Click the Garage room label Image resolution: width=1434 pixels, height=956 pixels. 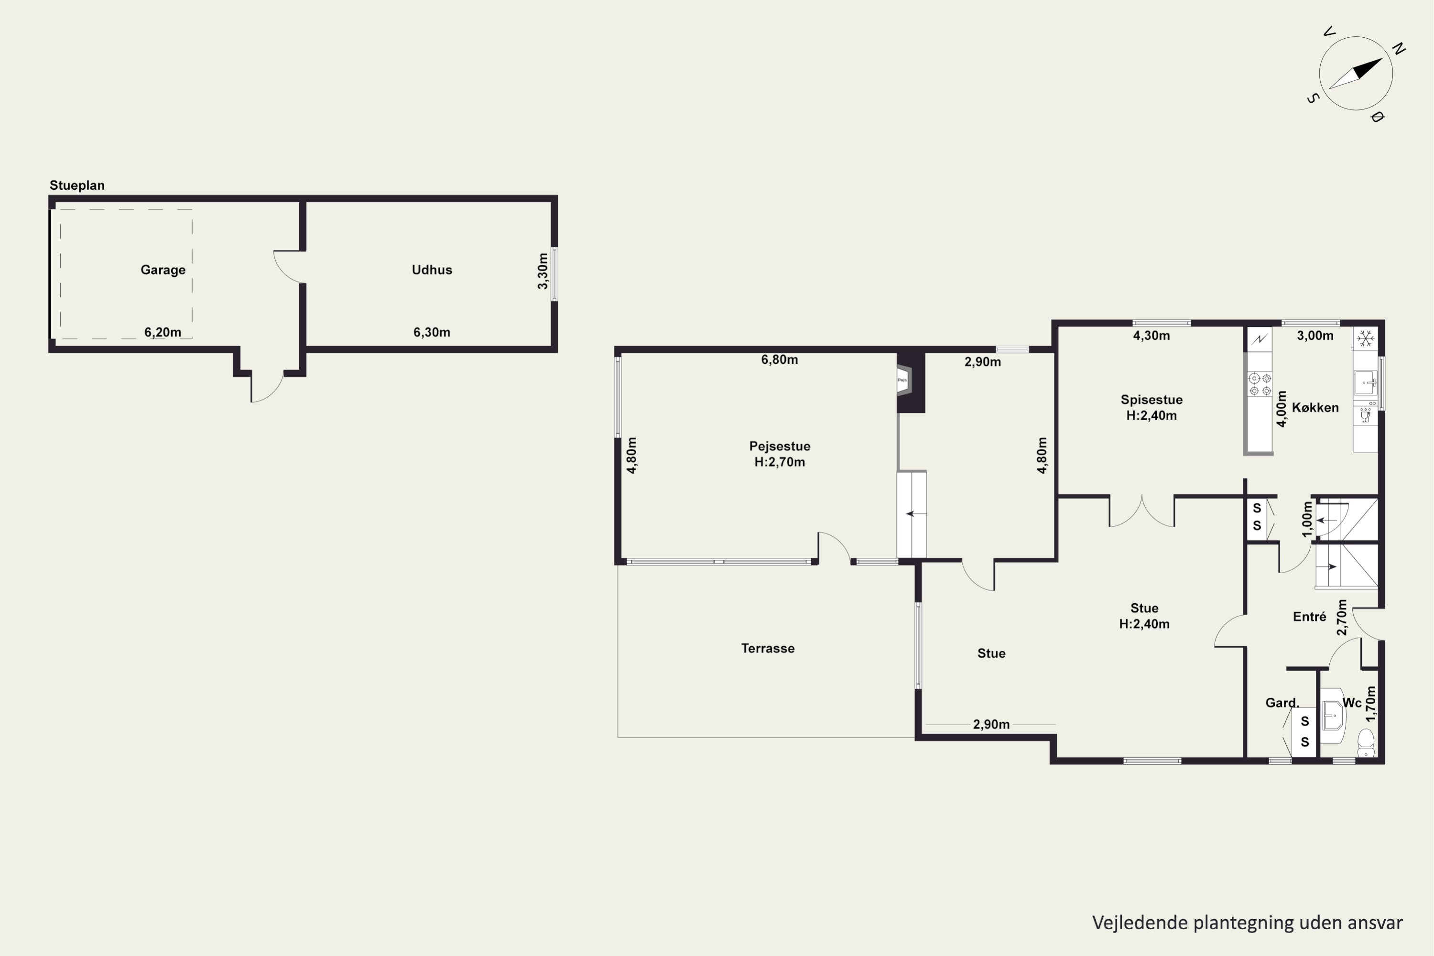click(163, 270)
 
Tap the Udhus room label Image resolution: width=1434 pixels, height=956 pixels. click(432, 270)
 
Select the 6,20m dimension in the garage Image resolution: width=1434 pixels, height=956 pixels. click(163, 332)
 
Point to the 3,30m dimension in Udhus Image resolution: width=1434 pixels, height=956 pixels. click(543, 272)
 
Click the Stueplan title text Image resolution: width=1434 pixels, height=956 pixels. click(77, 185)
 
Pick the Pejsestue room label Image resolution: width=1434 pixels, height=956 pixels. click(780, 446)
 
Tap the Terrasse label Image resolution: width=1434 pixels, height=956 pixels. click(768, 648)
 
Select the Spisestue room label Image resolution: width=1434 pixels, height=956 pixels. click(1151, 400)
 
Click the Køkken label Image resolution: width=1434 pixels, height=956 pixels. click(1315, 407)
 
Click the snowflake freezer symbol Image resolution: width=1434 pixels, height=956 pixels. click(1365, 338)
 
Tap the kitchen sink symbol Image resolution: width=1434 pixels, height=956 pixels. click(1365, 383)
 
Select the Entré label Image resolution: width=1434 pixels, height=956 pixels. click(1310, 617)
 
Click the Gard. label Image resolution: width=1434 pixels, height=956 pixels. click(1282, 703)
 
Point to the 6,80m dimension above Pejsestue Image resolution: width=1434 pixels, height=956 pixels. click(779, 360)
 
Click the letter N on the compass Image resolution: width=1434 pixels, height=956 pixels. click(1399, 49)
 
